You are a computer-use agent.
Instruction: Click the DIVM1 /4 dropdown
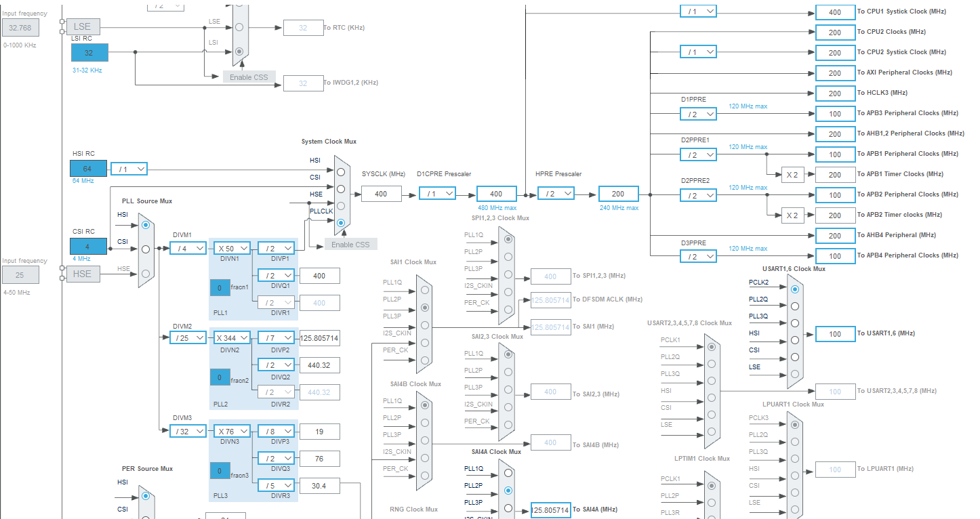tap(189, 249)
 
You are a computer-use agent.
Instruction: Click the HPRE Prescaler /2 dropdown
tap(556, 194)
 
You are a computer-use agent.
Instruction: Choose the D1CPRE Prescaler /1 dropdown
tap(437, 194)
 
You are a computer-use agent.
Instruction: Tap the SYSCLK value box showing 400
tap(381, 194)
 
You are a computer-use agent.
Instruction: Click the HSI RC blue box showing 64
tap(88, 169)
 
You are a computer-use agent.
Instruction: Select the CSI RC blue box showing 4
tap(88, 247)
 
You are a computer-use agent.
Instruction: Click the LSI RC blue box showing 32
tap(89, 53)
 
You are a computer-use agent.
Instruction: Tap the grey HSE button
tap(82, 274)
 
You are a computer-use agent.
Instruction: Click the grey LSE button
tap(83, 27)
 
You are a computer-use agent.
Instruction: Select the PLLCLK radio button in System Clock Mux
tap(341, 223)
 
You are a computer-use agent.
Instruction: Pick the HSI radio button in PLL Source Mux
tap(146, 225)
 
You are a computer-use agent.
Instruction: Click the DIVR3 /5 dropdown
tap(276, 486)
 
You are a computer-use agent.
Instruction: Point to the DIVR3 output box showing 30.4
tap(319, 486)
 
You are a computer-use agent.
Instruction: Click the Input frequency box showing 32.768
tap(20, 28)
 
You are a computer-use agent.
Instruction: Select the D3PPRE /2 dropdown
tap(698, 256)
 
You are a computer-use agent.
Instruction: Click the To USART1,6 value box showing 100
tap(835, 334)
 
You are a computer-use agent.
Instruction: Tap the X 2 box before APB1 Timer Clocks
tap(792, 175)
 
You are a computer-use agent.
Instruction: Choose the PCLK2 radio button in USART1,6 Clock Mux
tap(795, 289)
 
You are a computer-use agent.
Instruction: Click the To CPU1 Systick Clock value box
tap(835, 12)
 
